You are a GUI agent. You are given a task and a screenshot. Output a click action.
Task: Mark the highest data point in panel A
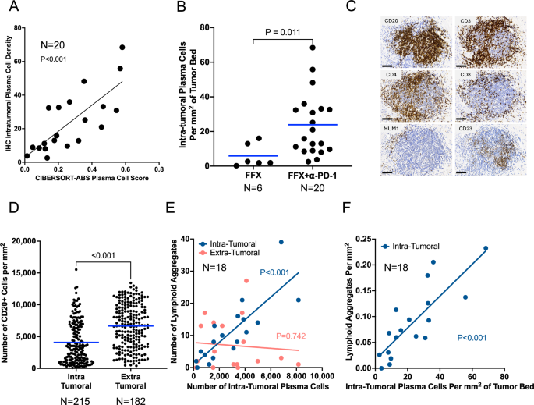[122, 48]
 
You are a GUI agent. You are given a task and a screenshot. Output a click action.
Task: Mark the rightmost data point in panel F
[486, 248]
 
